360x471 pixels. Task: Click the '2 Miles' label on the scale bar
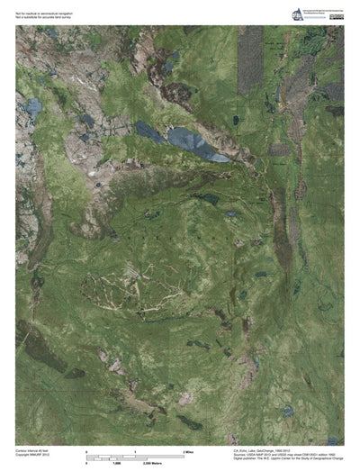[x=189, y=449]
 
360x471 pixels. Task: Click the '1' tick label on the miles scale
[x=135, y=449]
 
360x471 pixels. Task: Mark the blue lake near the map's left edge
[x=33, y=107]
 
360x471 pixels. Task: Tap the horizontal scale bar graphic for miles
[x=135, y=456]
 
